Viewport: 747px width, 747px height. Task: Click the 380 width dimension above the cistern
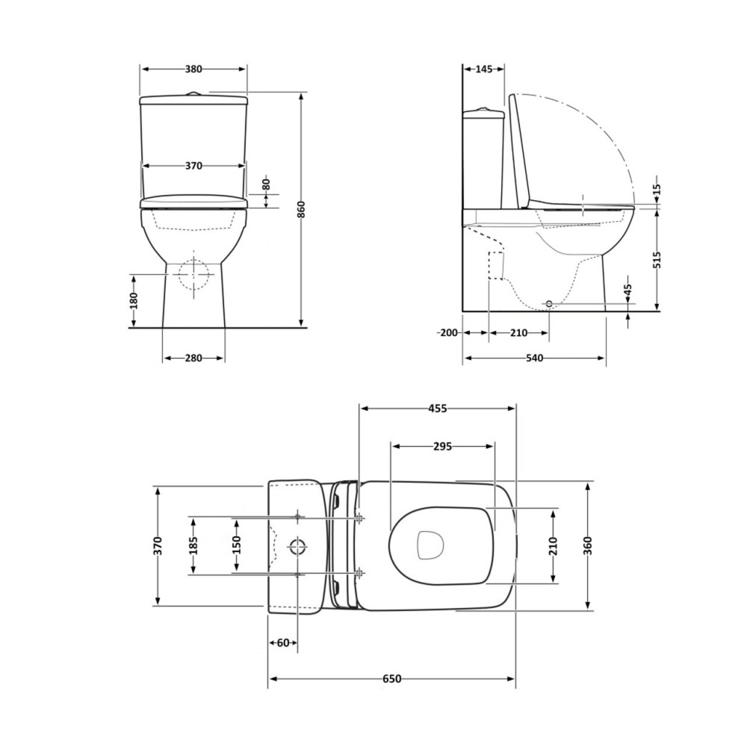click(x=193, y=69)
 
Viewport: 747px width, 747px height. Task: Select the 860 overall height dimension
click(x=302, y=211)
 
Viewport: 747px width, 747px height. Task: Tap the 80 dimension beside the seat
click(x=265, y=183)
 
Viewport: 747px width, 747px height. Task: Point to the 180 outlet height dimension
click(x=134, y=300)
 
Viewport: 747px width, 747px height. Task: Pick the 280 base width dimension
click(x=193, y=359)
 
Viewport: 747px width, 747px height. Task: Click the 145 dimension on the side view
click(x=483, y=69)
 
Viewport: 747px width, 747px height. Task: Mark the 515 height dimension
click(x=657, y=258)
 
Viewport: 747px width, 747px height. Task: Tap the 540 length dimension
click(x=533, y=359)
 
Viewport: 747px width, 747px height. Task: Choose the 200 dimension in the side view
click(x=448, y=333)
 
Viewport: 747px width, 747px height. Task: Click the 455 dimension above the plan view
click(x=438, y=409)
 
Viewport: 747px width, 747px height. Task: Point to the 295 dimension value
click(x=442, y=447)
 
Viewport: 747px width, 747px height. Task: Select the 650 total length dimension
click(x=391, y=679)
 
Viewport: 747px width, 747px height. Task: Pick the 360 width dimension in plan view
click(x=589, y=545)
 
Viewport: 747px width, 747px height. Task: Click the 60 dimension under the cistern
click(x=282, y=642)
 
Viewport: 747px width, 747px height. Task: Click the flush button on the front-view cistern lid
click(x=193, y=93)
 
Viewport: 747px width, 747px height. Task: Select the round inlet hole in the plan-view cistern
click(x=297, y=545)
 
